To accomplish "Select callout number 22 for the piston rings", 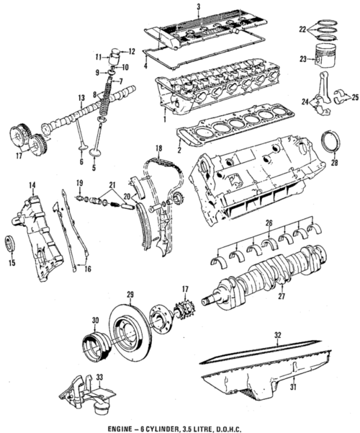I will pyautogui.click(x=302, y=30).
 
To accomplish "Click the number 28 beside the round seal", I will pyautogui.click(x=335, y=164).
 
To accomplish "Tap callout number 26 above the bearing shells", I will pyautogui.click(x=269, y=222).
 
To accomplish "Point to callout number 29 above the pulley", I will pyautogui.click(x=130, y=295).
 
